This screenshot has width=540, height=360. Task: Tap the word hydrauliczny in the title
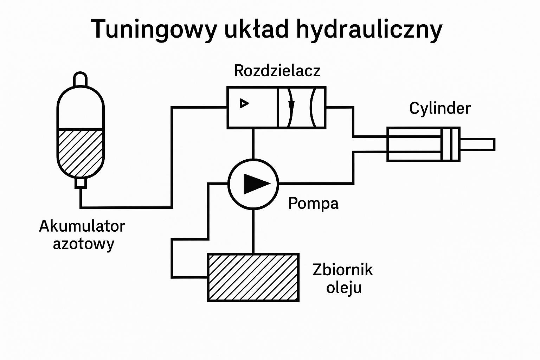(x=369, y=30)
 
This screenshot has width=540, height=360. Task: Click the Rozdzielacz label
(x=277, y=71)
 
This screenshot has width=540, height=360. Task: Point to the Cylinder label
(x=439, y=108)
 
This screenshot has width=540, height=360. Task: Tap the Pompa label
(x=313, y=203)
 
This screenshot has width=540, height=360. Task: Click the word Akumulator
(x=82, y=226)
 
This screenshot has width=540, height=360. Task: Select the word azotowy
(x=84, y=244)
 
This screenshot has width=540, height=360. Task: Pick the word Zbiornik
(x=342, y=270)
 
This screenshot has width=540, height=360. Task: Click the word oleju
(x=344, y=288)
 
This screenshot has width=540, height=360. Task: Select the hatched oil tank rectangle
(x=253, y=277)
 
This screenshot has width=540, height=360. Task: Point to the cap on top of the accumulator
(x=80, y=78)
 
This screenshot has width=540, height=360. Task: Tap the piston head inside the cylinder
(x=450, y=144)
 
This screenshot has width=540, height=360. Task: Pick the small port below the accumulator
(x=81, y=183)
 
